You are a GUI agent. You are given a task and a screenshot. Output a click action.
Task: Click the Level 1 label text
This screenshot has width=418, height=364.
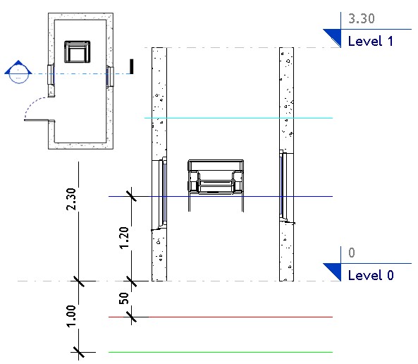point(371,42)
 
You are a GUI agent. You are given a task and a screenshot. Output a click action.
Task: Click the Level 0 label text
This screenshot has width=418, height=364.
point(371,275)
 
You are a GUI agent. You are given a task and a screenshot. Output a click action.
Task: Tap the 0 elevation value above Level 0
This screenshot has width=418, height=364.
point(352,253)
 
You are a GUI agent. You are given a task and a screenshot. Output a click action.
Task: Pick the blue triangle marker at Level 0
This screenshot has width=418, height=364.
point(333,270)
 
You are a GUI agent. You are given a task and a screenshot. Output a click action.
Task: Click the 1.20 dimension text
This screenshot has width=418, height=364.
point(123,238)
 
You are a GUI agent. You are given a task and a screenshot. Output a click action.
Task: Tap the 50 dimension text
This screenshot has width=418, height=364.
point(123,298)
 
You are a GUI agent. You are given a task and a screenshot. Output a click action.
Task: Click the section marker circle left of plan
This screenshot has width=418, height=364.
point(17,73)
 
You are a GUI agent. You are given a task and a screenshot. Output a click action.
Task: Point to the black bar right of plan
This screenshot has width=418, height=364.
point(131,67)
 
